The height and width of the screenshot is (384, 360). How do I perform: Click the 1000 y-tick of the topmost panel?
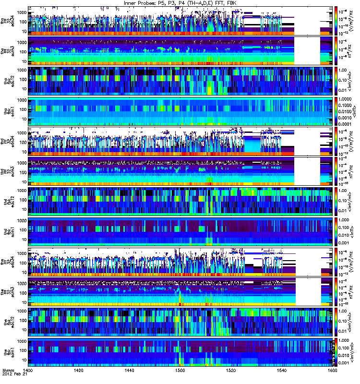22,11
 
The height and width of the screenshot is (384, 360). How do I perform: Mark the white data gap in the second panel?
307,50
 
